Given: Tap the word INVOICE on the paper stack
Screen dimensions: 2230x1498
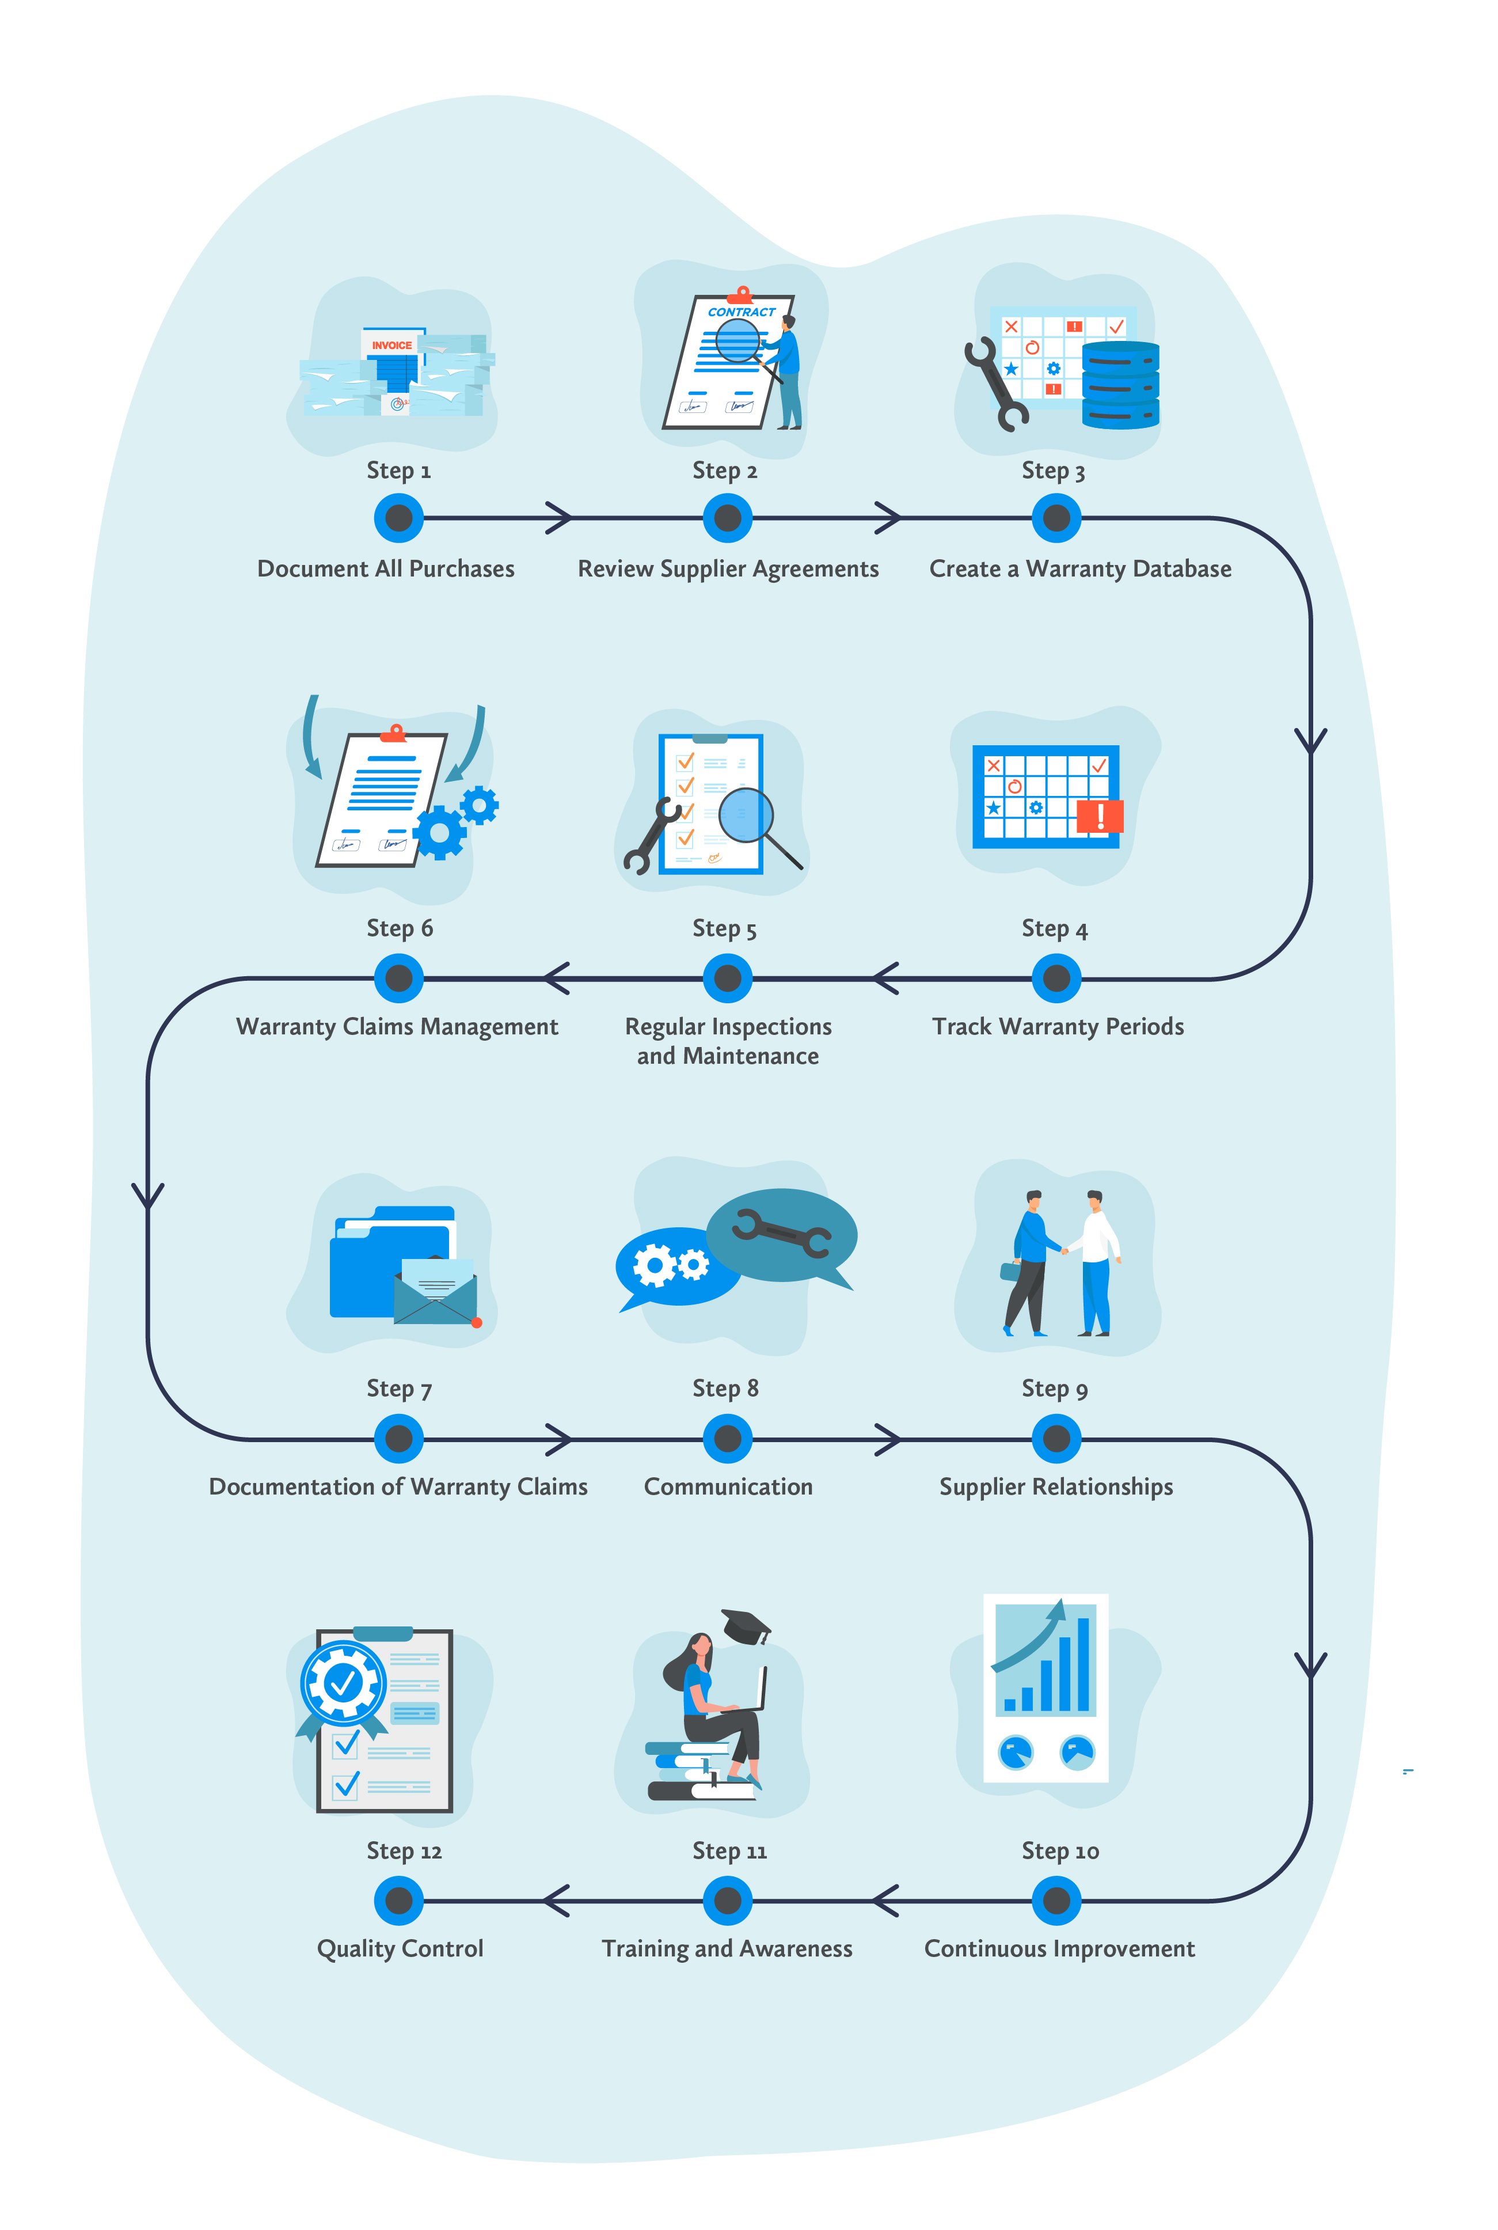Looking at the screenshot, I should tap(391, 345).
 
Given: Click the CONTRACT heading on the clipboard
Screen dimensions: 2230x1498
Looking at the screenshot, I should tap(742, 312).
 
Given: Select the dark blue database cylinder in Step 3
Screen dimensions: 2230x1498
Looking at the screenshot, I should tap(1121, 385).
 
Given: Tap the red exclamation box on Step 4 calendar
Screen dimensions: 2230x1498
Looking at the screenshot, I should tap(1100, 816).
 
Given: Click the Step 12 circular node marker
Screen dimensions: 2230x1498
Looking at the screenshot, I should tap(398, 1901).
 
